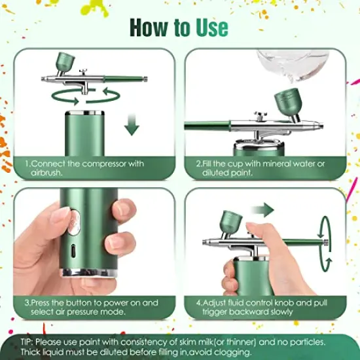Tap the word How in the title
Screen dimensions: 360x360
149,27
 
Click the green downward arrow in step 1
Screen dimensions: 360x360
133,124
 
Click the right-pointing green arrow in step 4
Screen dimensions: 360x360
262,209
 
